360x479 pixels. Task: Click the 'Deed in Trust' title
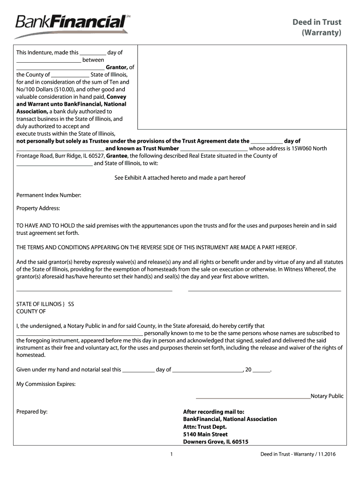click(317, 22)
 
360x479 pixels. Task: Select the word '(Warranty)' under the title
click(321, 33)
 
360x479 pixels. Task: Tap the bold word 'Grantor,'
click(117, 67)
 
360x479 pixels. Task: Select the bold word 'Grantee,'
click(117, 156)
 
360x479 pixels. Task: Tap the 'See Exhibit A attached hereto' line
click(180, 178)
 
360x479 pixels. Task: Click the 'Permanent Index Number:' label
click(49, 195)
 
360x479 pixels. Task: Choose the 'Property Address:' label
click(38, 208)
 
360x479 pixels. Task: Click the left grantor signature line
click(94, 291)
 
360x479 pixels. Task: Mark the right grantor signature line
click(264, 291)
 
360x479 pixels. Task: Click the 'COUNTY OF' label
click(31, 311)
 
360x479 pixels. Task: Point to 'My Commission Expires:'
click(46, 384)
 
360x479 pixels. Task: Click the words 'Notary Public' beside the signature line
click(327, 396)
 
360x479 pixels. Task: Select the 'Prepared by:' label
click(32, 412)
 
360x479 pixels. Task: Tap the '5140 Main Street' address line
click(205, 434)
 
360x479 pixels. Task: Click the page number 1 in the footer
click(172, 454)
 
